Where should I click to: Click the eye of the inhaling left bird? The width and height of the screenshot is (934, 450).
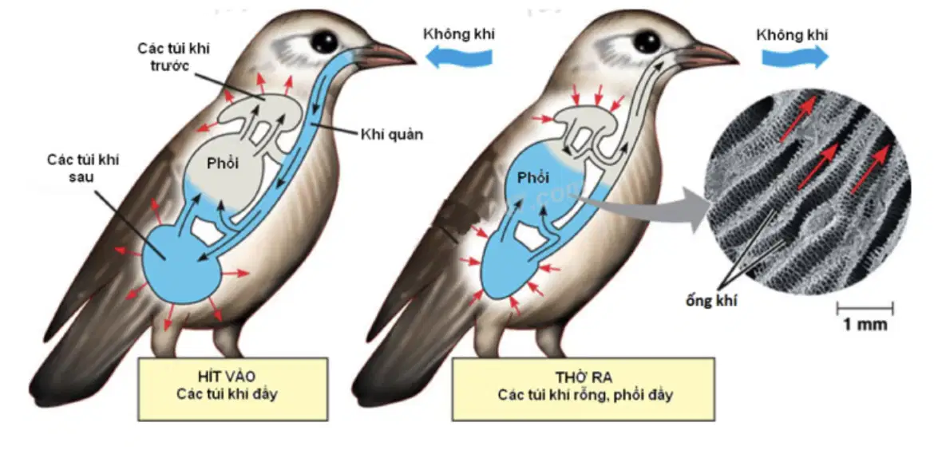tap(324, 41)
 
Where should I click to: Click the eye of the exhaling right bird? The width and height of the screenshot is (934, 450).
tap(647, 41)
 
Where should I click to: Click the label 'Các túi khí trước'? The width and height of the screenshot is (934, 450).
tap(174, 55)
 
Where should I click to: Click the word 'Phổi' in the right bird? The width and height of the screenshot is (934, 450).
tap(532, 177)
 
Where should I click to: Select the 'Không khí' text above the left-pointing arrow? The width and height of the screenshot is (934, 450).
tap(459, 34)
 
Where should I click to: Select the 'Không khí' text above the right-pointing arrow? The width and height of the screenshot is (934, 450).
tap(792, 34)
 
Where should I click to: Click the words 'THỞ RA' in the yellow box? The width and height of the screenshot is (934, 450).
tap(584, 377)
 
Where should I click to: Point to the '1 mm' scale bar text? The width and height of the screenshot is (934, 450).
tap(865, 325)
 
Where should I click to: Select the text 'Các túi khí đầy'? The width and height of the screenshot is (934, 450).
tap(228, 394)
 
